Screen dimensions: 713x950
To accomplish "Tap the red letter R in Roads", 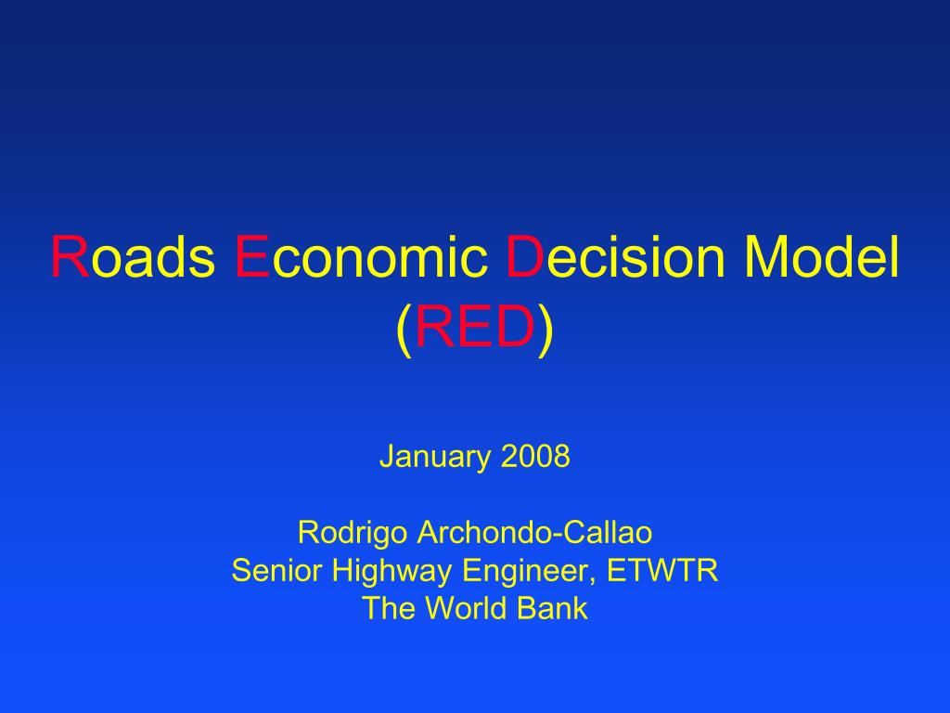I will click(x=70, y=257).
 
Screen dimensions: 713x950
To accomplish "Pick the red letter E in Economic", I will click(x=252, y=257).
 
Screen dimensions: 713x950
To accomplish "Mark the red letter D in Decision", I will click(x=525, y=257).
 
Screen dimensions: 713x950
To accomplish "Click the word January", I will click(x=435, y=458).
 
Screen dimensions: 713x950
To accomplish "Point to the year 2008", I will click(x=535, y=458).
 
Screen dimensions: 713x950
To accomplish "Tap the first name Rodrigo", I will click(x=354, y=534).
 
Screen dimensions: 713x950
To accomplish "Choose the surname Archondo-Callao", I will click(x=535, y=533).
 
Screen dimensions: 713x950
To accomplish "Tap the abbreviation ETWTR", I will click(x=662, y=570).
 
